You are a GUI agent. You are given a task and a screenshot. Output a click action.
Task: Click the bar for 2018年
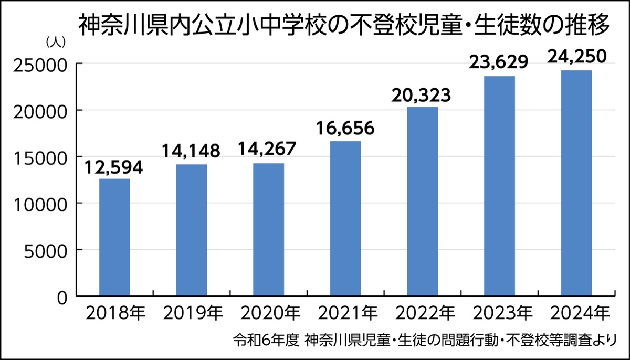(114, 237)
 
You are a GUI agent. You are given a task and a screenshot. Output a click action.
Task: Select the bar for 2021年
(345, 218)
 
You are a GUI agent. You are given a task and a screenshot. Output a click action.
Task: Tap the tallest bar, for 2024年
(576, 183)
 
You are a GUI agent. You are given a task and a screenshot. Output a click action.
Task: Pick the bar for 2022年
(422, 202)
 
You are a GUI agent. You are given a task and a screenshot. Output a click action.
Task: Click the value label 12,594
(114, 169)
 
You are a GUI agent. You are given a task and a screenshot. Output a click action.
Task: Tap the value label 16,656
(345, 129)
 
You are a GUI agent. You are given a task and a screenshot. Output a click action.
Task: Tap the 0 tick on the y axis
(61, 297)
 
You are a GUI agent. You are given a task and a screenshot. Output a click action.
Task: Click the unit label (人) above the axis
(56, 42)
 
